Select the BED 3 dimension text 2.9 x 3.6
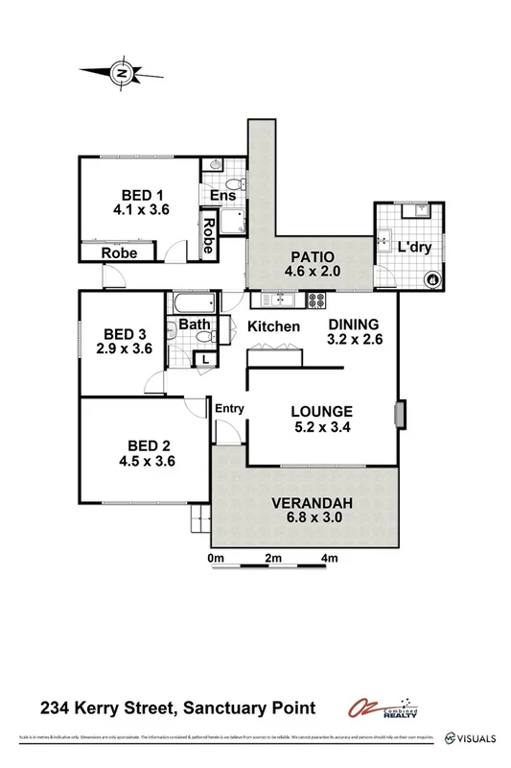click(x=125, y=349)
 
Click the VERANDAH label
click(x=313, y=503)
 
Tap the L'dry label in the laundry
click(x=415, y=247)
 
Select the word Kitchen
click(x=274, y=327)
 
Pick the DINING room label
click(x=354, y=324)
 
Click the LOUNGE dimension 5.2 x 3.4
click(x=322, y=428)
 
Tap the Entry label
click(x=230, y=408)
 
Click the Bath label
click(x=195, y=324)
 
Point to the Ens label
click(x=222, y=196)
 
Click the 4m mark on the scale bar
click(x=330, y=558)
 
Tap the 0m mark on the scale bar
click(x=215, y=558)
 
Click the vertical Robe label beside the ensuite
click(x=207, y=236)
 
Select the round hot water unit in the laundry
click(x=431, y=279)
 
